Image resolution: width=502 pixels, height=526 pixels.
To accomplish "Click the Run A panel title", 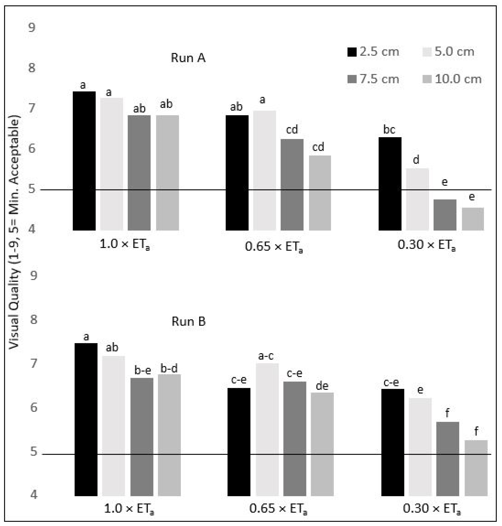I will tap(188, 58).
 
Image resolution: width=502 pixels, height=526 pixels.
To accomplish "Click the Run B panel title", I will tap(189, 321).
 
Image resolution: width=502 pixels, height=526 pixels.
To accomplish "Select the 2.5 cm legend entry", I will tap(373, 52).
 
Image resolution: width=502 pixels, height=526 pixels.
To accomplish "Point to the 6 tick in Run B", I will tap(33, 408).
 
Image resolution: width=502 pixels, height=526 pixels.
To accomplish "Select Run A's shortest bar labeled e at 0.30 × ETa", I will tap(473, 219).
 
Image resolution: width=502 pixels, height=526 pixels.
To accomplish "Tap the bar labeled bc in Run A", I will tap(390, 184).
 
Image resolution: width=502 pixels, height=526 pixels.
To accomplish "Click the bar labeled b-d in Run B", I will tap(169, 435).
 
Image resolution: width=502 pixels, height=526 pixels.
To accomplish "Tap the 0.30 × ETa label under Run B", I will tap(432, 508).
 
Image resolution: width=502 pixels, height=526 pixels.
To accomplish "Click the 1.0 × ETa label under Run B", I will tap(129, 508).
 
